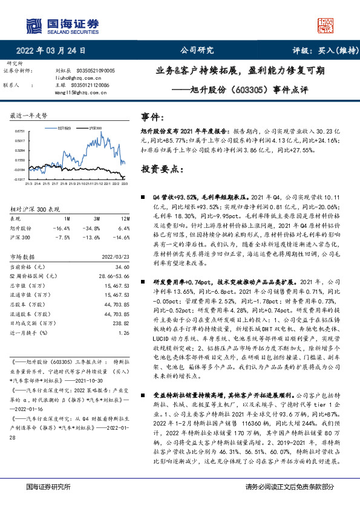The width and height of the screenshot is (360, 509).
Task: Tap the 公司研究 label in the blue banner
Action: (x=198, y=51)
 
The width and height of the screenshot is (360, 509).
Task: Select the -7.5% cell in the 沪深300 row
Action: (x=62, y=237)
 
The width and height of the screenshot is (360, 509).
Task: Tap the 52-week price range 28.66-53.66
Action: (x=114, y=275)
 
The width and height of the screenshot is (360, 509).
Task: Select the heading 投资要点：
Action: (x=160, y=169)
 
